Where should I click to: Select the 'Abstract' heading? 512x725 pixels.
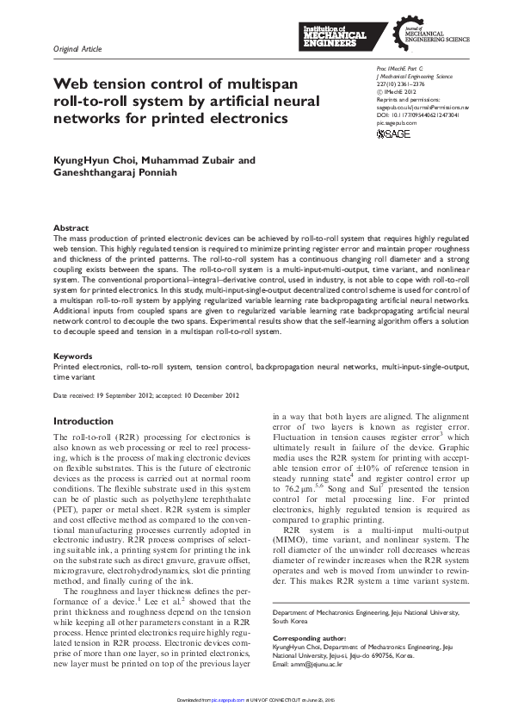(x=71, y=227)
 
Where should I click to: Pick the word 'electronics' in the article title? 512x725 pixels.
(x=245, y=116)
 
